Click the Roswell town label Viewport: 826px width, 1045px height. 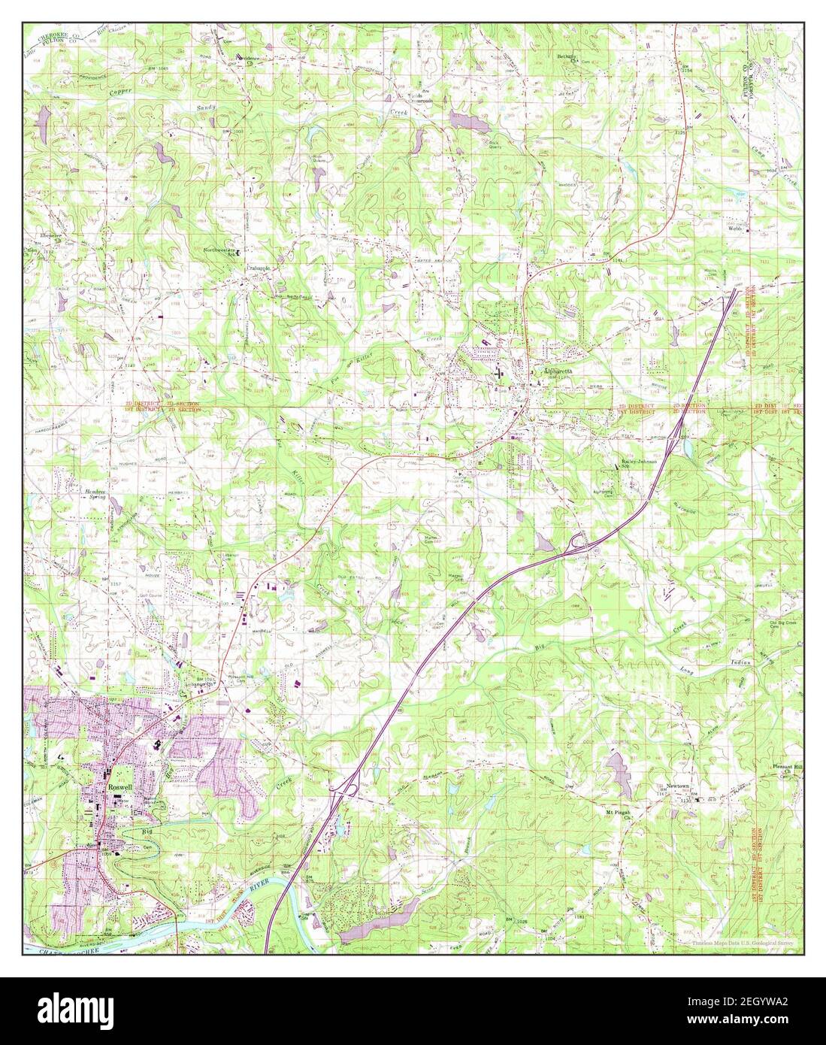(119, 780)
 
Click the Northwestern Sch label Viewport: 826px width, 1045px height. (222, 253)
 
